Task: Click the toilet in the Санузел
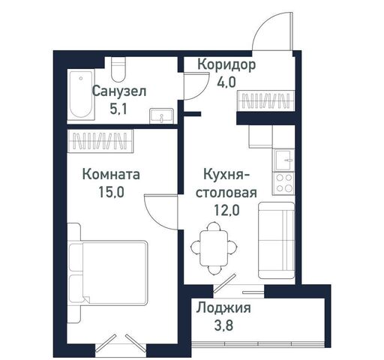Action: point(118,69)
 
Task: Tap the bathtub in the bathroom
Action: point(81,94)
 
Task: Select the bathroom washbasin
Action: point(161,115)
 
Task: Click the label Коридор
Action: point(226,64)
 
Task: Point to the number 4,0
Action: point(226,82)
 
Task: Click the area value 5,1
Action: point(118,109)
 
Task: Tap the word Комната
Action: point(111,174)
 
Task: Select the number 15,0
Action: point(111,192)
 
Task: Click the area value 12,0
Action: point(226,210)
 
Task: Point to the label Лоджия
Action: point(223,307)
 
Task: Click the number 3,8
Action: point(223,325)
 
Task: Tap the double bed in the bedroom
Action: point(108,273)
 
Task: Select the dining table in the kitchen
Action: point(214,248)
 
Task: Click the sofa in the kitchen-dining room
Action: point(276,240)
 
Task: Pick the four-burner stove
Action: point(284,184)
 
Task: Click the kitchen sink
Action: point(284,160)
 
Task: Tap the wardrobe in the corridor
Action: point(266,100)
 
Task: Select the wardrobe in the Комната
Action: point(100,141)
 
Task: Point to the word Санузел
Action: point(119,91)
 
